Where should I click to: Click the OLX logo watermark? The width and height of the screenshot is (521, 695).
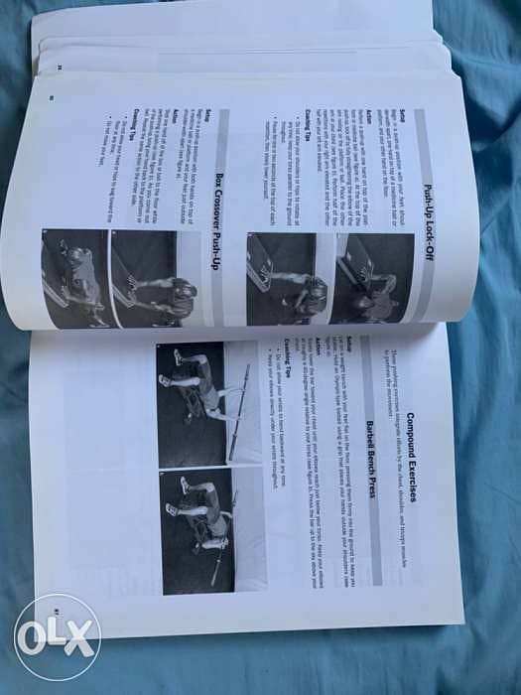point(57,636)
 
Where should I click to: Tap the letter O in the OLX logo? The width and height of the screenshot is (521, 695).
point(35,636)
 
